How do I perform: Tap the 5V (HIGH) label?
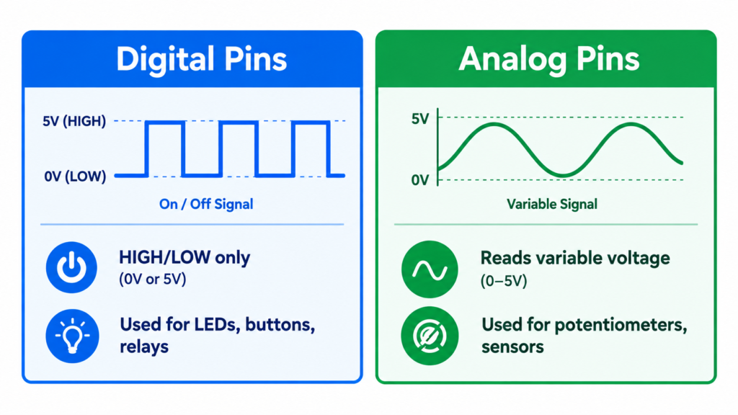[74, 121]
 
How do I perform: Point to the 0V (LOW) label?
[75, 177]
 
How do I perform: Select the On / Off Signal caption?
[206, 204]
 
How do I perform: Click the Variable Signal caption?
[552, 204]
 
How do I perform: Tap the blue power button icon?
[71, 267]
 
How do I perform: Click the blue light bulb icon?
[72, 336]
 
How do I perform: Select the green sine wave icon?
[430, 269]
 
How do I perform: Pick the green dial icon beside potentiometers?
[430, 336]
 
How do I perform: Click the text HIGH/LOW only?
[184, 258]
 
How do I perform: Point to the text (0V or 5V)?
[153, 280]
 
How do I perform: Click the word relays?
[144, 347]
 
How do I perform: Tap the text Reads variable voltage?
[575, 259]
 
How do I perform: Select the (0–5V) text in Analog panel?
[504, 282]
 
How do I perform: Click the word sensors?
[512, 347]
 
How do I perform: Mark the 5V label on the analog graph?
[420, 119]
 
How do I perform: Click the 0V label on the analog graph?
[420, 179]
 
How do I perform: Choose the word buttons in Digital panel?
[280, 325]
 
